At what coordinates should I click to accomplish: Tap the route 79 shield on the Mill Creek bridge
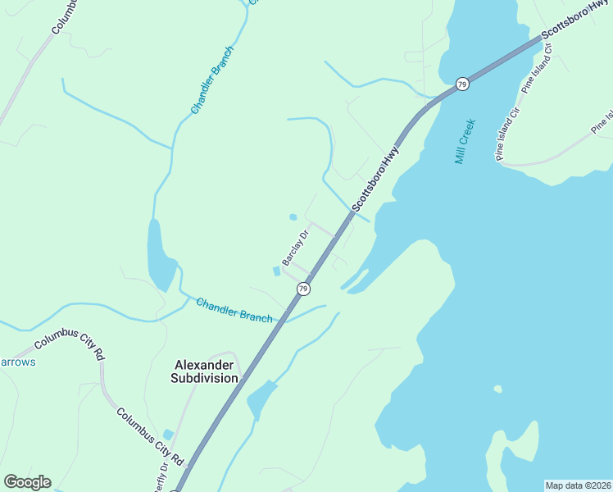click(x=462, y=84)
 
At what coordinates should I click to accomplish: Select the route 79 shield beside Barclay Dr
click(x=303, y=289)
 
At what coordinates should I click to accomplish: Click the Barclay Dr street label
click(x=295, y=247)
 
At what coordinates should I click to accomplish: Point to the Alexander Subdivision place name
click(x=204, y=371)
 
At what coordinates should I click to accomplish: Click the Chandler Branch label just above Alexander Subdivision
click(x=234, y=310)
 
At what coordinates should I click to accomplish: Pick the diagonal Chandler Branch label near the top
click(x=212, y=80)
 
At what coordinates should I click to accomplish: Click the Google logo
click(x=27, y=481)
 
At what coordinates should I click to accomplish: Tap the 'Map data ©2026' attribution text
click(x=578, y=485)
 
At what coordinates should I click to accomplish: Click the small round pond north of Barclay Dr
click(x=293, y=217)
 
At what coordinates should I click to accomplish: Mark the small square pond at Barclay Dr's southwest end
click(x=276, y=271)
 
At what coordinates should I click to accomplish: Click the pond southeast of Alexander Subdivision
click(x=261, y=399)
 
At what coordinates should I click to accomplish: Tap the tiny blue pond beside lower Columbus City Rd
click(x=168, y=435)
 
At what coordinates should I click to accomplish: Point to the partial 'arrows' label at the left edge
click(x=17, y=362)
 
